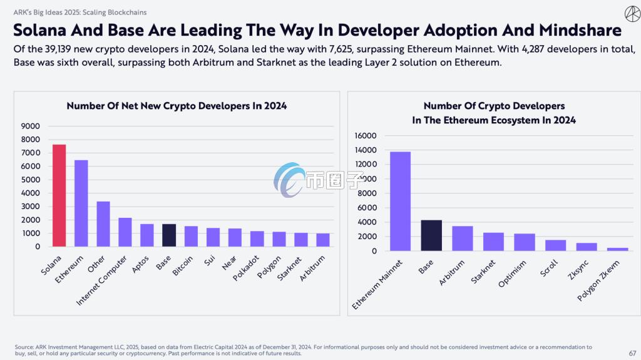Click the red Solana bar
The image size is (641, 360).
pos(59,195)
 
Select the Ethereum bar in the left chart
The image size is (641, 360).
pos(81,203)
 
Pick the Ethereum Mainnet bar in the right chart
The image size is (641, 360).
pos(401,201)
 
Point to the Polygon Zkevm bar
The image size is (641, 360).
pos(618,249)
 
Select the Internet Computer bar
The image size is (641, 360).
pos(125,232)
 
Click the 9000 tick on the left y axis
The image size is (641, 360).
pos(31,126)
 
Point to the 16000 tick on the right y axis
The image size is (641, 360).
pos(365,136)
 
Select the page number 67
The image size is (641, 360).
pos(632,353)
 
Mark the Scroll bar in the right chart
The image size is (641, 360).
pos(555,245)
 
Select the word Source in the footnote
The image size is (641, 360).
pos(26,347)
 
